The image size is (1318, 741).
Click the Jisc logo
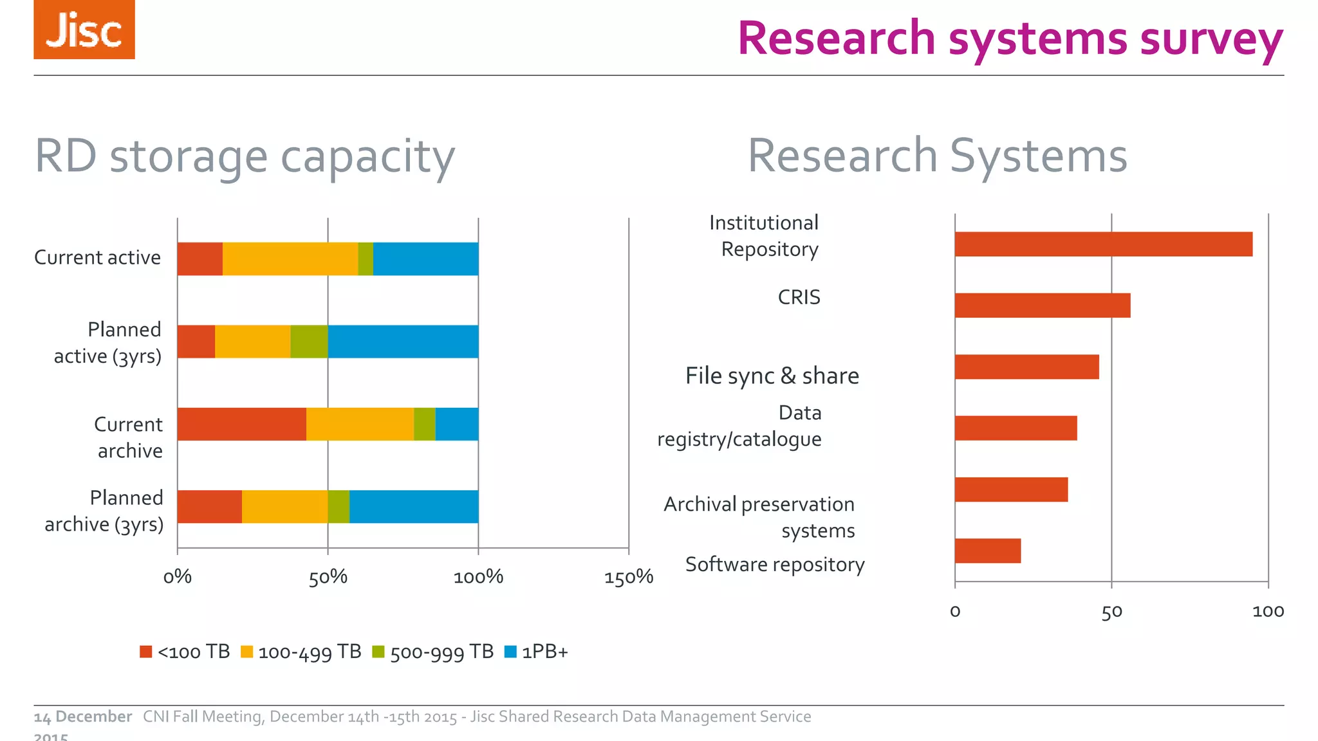coord(84,30)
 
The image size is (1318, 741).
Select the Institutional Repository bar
coord(1103,244)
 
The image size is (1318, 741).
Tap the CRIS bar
coord(1042,306)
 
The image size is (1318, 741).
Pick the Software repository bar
coord(987,551)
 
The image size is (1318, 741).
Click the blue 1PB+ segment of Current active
coord(425,259)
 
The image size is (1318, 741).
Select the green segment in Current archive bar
coord(424,425)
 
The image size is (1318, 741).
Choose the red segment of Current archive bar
coord(241,425)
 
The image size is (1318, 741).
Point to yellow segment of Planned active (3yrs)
coord(252,342)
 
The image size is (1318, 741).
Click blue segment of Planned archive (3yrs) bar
coord(413,507)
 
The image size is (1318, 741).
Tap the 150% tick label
coord(628,577)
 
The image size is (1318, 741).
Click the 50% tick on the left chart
coord(328,577)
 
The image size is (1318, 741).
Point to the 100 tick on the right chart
coord(1268,611)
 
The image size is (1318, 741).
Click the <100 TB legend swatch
coord(146,652)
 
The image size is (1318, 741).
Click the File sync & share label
coord(772,376)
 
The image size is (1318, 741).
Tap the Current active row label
coord(97,257)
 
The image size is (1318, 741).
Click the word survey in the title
coord(1211,39)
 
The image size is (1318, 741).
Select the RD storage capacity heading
coord(245,156)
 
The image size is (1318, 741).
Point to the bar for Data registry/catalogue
coord(1015,428)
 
